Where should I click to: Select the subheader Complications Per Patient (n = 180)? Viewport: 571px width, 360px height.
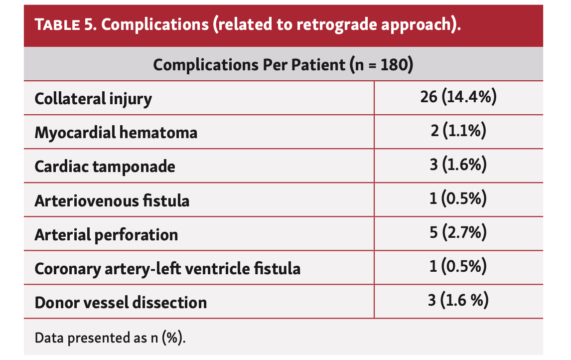[283, 65]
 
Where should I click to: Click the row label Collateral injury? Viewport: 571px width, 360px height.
[93, 99]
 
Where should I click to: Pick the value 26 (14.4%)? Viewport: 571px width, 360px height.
[458, 98]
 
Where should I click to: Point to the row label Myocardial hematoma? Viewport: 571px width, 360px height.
[116, 133]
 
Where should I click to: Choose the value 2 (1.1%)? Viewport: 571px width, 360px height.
[458, 132]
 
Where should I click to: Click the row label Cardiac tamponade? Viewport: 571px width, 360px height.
[105, 167]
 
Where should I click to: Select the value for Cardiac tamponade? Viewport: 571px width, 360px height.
[458, 166]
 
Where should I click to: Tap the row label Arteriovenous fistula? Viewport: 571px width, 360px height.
[112, 200]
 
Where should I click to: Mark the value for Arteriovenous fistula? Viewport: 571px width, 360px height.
[458, 199]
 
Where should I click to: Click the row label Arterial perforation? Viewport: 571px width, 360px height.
[106, 234]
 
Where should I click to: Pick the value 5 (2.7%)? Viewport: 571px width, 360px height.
[458, 233]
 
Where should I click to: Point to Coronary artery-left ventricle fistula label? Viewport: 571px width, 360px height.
[167, 268]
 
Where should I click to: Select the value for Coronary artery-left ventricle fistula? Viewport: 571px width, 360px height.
[458, 267]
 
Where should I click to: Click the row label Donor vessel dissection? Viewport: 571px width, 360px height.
[121, 302]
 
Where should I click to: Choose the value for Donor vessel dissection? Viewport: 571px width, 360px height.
[458, 301]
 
